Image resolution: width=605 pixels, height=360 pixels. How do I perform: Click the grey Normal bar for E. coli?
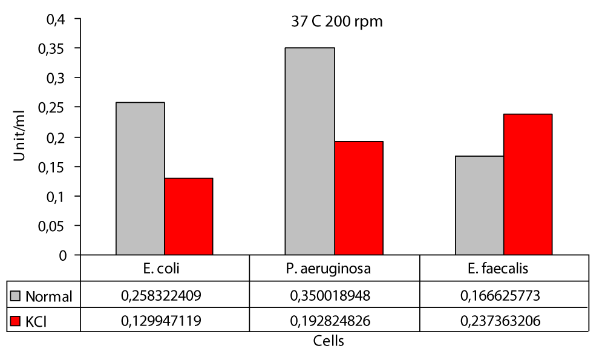coord(140,178)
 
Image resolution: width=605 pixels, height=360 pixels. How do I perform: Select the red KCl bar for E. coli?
coord(189,217)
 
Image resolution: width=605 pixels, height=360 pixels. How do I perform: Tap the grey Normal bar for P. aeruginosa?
coord(310,151)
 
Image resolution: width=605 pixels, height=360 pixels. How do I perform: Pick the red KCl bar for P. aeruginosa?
coord(359,198)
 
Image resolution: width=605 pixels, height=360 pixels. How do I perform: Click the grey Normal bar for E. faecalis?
coord(480,206)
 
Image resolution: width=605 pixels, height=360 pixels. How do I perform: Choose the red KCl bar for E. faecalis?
coord(528,185)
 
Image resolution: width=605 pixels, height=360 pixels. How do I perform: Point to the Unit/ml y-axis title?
coord(19,137)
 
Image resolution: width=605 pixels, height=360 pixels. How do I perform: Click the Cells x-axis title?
coord(329,341)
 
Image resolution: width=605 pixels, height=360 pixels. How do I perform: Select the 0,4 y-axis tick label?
coord(55,19)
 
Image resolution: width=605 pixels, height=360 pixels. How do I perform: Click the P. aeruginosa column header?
coord(334,268)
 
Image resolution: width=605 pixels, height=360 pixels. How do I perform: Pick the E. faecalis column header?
coord(503,268)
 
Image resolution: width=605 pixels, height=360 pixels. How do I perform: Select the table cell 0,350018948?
coord(334,296)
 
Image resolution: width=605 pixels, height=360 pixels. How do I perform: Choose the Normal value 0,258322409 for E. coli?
coord(165,296)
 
